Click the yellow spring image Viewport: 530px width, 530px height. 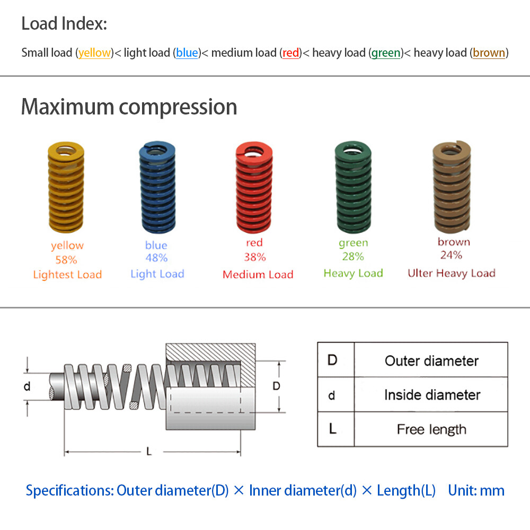66,188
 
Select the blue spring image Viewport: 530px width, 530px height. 157,188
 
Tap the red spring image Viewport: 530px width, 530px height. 254,188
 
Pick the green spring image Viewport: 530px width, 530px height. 353,188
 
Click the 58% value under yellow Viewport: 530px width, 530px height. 66,260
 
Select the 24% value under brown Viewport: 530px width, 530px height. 451,255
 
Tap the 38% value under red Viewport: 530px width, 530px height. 254,257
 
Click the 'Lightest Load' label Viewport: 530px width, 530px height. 67,275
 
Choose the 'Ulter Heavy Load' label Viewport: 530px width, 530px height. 451,273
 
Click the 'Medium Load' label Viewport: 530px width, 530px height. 258,275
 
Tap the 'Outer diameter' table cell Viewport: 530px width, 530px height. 431,361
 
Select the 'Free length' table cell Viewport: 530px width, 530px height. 431,429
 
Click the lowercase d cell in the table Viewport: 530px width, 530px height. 332,395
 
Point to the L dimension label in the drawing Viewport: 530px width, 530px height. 149,452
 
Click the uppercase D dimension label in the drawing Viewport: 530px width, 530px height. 276,386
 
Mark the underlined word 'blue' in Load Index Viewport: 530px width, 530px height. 187,53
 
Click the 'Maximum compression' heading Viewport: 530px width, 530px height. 129,107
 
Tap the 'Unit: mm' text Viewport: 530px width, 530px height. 476,490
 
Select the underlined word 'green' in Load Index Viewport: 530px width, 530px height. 385,53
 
